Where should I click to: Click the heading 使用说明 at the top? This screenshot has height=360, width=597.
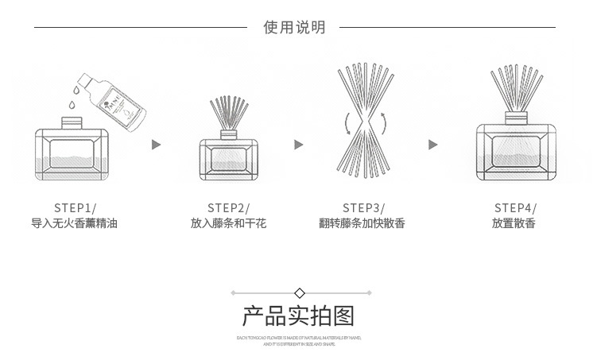tap(294, 28)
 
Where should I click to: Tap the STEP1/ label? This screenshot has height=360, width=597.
tap(75, 207)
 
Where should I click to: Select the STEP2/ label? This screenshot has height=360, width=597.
tap(228, 207)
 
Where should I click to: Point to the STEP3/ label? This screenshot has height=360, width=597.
tap(362, 207)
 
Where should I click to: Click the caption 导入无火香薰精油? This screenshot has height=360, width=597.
tap(75, 224)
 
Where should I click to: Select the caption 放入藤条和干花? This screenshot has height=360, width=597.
tap(228, 224)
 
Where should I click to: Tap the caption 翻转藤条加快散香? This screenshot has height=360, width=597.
tap(362, 224)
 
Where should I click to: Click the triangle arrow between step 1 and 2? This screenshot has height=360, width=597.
tap(157, 145)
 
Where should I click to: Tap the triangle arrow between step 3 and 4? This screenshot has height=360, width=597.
tap(433, 145)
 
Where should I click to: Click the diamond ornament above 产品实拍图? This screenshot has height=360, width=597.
tap(299, 292)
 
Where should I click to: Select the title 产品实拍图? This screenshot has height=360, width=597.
tap(298, 316)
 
